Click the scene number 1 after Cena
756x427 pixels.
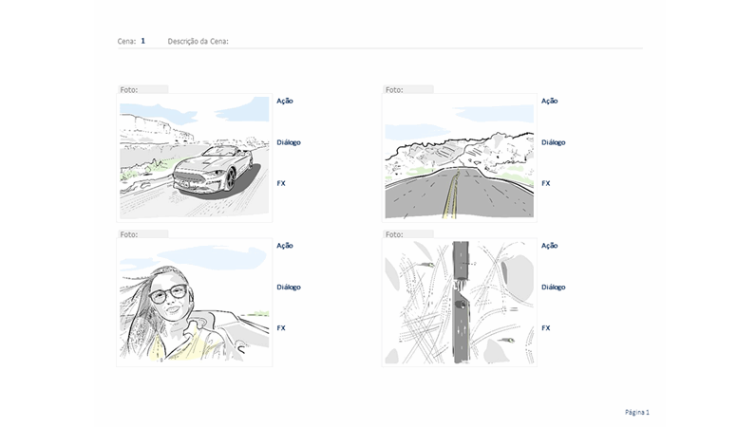(142, 41)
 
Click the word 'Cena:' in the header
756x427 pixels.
(125, 41)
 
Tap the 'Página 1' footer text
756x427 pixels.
(636, 412)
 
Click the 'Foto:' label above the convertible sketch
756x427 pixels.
(129, 89)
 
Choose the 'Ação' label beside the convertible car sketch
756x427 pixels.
(284, 101)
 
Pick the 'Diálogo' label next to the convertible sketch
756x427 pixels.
(288, 142)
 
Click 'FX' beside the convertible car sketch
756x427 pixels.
(281, 183)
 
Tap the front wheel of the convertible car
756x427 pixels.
(229, 179)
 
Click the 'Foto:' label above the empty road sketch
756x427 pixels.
(394, 89)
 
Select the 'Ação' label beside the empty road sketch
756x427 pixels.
(549, 101)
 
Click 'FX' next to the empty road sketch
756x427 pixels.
(546, 183)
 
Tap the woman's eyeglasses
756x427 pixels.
(170, 293)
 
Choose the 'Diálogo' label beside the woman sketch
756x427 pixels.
(288, 287)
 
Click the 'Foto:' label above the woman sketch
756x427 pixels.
(129, 233)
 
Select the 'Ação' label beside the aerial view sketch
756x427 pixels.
(549, 245)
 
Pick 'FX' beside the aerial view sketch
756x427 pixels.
(546, 327)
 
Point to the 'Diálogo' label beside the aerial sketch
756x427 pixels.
(553, 287)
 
